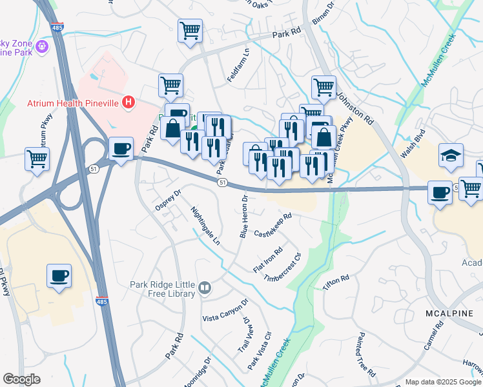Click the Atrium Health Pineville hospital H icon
(129, 102)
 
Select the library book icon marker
(205, 288)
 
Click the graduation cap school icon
(451, 155)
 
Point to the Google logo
(21, 379)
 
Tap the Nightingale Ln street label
(206, 226)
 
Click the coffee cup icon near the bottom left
(59, 276)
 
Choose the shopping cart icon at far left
(37, 158)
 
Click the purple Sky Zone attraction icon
(43, 46)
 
